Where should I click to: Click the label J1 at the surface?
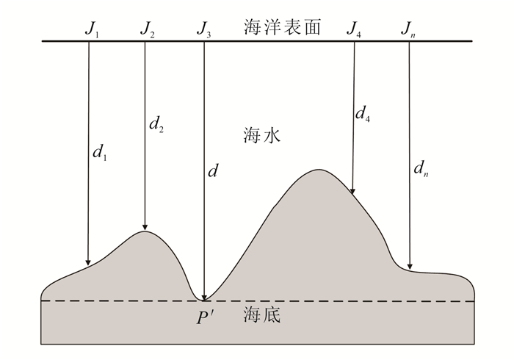[x=93, y=29]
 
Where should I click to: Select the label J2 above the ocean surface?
[x=148, y=29]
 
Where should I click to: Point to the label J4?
[x=355, y=29]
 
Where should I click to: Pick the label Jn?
[x=409, y=29]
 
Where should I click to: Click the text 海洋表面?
[x=283, y=28]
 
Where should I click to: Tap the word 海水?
[x=262, y=136]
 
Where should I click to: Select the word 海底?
[x=262, y=317]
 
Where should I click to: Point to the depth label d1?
[x=100, y=153]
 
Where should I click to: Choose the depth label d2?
[x=156, y=125]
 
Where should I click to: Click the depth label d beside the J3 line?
[x=214, y=171]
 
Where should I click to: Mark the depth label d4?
[x=362, y=113]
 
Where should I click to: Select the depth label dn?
[x=421, y=170]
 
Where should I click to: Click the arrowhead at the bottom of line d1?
[x=88, y=260]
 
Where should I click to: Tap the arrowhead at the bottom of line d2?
[x=145, y=226]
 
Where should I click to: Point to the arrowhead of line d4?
[x=353, y=190]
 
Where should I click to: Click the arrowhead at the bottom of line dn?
[x=410, y=266]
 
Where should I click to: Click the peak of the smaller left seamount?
[x=145, y=232]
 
